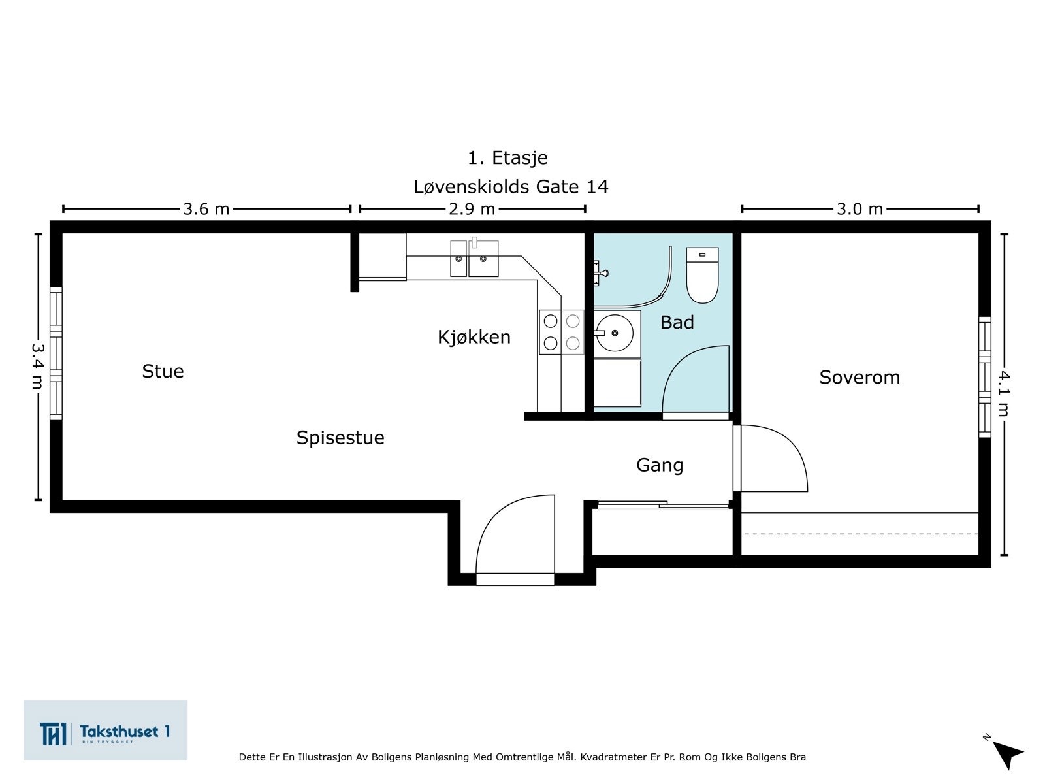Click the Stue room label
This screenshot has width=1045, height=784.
(x=163, y=371)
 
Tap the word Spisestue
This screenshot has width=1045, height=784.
(x=340, y=438)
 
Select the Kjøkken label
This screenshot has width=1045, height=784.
(x=474, y=337)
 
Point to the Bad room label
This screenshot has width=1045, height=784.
(x=677, y=322)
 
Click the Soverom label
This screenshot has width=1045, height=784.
(x=860, y=378)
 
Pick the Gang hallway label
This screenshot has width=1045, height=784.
(x=660, y=465)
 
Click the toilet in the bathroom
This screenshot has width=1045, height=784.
(x=701, y=274)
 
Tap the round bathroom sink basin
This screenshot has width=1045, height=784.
(x=615, y=333)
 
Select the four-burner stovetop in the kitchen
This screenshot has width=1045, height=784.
(x=562, y=332)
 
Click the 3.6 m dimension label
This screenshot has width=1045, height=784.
(x=206, y=209)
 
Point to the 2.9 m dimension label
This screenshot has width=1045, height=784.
(x=472, y=209)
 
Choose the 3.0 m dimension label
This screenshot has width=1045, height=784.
(x=860, y=209)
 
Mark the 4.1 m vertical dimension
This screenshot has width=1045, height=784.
(x=1004, y=394)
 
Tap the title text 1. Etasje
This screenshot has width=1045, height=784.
(x=507, y=157)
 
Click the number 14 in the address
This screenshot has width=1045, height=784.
(x=597, y=187)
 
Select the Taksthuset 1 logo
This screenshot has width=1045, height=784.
(x=105, y=730)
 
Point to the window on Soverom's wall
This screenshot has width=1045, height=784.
(x=984, y=377)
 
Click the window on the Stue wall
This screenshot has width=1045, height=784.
(x=56, y=353)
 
